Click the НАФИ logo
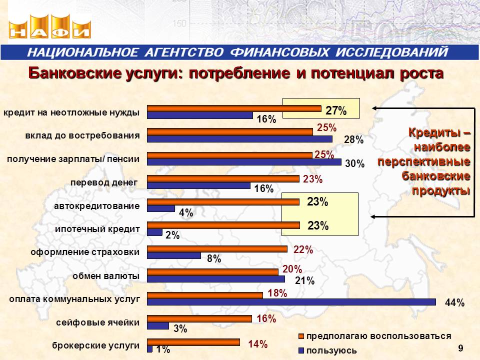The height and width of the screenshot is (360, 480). click(x=49, y=27)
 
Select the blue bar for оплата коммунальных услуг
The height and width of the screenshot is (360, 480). click(x=291, y=302)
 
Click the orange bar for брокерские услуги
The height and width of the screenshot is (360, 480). click(x=193, y=342)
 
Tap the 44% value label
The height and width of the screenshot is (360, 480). click(x=454, y=303)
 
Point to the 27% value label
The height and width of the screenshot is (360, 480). click(x=336, y=110)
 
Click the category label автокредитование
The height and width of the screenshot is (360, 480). click(x=96, y=206)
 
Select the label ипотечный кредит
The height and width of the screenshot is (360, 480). click(x=97, y=229)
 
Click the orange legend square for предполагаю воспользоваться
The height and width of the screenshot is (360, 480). click(x=301, y=336)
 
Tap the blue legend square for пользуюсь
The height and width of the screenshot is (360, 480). click(x=301, y=350)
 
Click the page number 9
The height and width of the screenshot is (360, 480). click(x=460, y=348)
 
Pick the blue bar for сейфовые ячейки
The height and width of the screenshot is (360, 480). click(x=158, y=325)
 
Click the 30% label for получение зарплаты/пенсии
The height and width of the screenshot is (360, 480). click(x=355, y=164)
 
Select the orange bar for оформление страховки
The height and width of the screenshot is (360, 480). click(x=217, y=249)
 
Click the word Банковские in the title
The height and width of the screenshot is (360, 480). click(x=74, y=73)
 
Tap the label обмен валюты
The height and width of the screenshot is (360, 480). click(x=106, y=276)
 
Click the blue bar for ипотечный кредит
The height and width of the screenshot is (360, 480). click(x=154, y=232)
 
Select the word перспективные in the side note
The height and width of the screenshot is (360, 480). click(x=424, y=161)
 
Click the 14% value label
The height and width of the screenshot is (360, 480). click(x=258, y=344)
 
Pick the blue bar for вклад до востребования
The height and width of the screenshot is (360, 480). click(x=239, y=139)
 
